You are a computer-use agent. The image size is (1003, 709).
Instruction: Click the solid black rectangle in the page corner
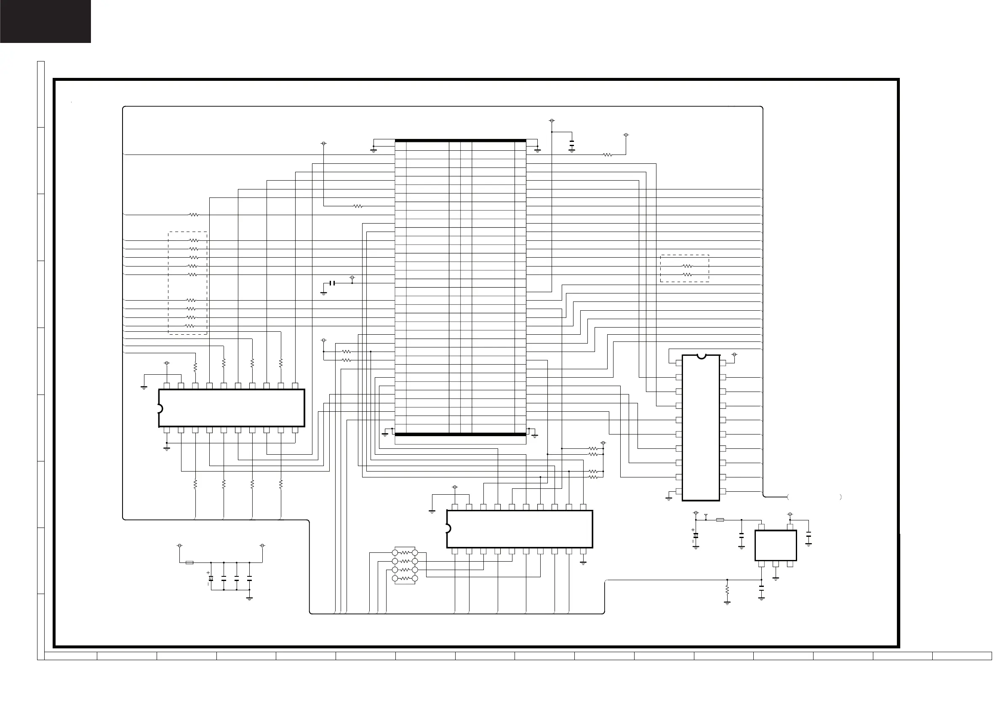[x=45, y=21]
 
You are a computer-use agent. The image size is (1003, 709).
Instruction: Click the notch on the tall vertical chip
[x=701, y=357]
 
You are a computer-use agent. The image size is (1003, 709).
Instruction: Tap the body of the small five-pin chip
[x=775, y=546]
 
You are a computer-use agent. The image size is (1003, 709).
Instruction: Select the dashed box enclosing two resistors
[x=685, y=269]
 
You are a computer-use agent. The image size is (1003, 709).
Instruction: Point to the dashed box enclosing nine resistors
[x=188, y=283]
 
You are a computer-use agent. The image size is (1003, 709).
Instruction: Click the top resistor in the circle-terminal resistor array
[x=405, y=553]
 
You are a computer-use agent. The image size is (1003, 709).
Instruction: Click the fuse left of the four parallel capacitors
[x=189, y=562]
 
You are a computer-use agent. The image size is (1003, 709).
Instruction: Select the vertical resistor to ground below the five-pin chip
[x=727, y=590]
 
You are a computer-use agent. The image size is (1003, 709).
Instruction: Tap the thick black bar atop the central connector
[x=460, y=141]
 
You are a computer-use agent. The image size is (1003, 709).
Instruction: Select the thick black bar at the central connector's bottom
[x=460, y=434]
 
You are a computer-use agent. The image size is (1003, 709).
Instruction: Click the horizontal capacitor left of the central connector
[x=333, y=283]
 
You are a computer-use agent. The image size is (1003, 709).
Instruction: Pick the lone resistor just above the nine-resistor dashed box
[x=194, y=215]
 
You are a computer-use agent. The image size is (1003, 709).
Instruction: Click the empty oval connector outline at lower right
[x=815, y=497]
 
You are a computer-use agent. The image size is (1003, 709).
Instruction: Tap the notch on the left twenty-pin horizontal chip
[x=160, y=408]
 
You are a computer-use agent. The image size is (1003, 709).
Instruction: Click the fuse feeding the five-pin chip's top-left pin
[x=720, y=520]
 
